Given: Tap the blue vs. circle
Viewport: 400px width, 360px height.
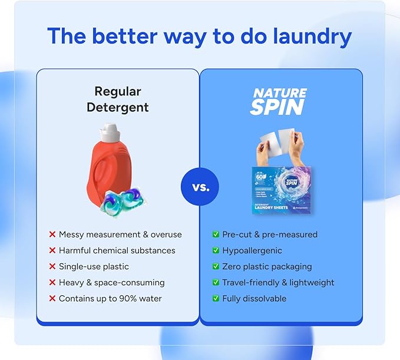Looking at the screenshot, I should click(x=200, y=187).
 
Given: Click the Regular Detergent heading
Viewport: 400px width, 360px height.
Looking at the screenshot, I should click(x=117, y=100).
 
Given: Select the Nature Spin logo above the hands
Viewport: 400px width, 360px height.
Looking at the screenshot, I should click(x=279, y=101).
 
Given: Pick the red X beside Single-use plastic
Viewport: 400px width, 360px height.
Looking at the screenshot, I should click(x=52, y=267).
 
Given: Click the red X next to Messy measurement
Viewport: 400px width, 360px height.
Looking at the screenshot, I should click(x=52, y=235).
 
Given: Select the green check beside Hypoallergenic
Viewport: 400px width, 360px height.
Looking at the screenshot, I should click(x=216, y=251).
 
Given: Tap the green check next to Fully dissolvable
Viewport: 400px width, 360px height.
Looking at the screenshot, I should click(x=216, y=299).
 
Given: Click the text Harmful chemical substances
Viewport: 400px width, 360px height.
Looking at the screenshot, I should click(x=117, y=250).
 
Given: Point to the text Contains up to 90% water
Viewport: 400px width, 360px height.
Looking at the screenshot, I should click(x=110, y=299).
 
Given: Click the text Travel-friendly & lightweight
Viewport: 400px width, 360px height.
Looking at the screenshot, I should click(x=278, y=283).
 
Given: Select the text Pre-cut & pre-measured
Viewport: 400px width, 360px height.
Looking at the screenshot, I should click(x=270, y=235).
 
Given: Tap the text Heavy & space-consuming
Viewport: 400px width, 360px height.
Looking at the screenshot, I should click(x=111, y=283).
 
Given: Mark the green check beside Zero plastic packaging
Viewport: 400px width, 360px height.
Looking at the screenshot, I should click(x=216, y=267).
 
